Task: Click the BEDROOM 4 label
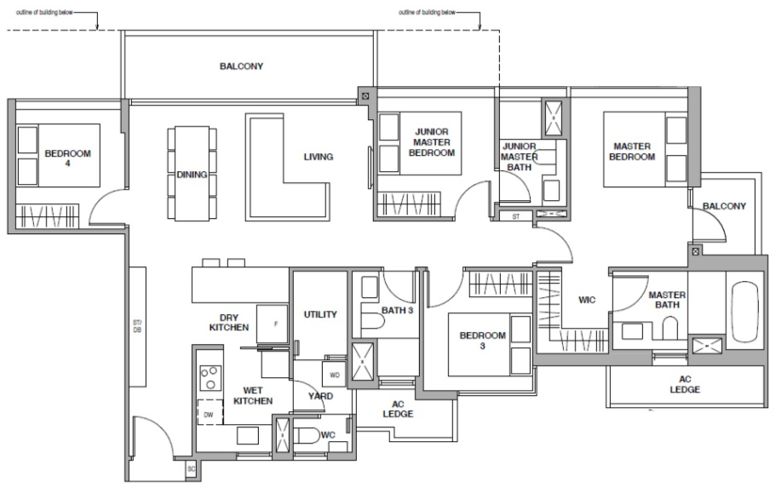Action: pyautogui.click(x=67, y=158)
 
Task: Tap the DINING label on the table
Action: pyautogui.click(x=187, y=174)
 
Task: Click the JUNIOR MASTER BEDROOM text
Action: pyautogui.click(x=433, y=142)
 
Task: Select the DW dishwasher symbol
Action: pyautogui.click(x=209, y=414)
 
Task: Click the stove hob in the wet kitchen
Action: pyautogui.click(x=209, y=376)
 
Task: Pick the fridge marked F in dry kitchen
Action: pyautogui.click(x=274, y=324)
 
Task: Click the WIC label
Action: pyautogui.click(x=588, y=299)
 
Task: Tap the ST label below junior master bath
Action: pyautogui.click(x=515, y=217)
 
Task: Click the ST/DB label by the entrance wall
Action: pyautogui.click(x=137, y=325)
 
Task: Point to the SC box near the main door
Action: pyautogui.click(x=191, y=469)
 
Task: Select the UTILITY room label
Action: pyautogui.click(x=320, y=314)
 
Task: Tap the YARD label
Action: pyautogui.click(x=320, y=396)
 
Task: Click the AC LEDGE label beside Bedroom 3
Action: pyautogui.click(x=398, y=409)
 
